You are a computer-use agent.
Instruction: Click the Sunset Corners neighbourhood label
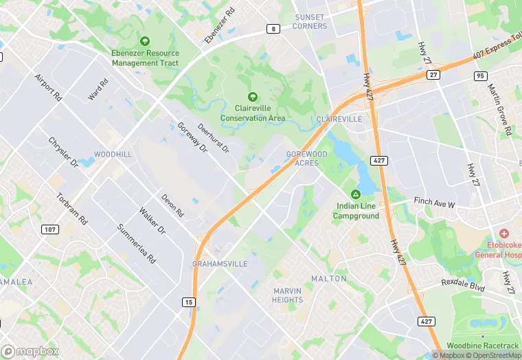coord(309,21)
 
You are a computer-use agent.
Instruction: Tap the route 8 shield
coord(274,29)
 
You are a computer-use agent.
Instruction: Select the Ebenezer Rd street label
coord(220,26)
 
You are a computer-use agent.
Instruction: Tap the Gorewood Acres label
coord(306,159)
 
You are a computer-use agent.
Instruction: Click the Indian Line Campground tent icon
coord(356,194)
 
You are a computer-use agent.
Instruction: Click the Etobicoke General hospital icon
coord(503,234)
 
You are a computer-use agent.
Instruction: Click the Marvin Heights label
coord(287,295)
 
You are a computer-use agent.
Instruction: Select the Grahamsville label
coord(220,264)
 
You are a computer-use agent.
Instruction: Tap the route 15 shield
coord(188,302)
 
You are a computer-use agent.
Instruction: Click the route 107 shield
coord(49,229)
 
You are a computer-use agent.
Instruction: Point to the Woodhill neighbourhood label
coord(113,155)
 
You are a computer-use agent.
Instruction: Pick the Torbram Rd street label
coord(71,209)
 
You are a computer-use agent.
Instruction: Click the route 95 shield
coord(480,75)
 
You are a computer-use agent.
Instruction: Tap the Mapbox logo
coord(30,351)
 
